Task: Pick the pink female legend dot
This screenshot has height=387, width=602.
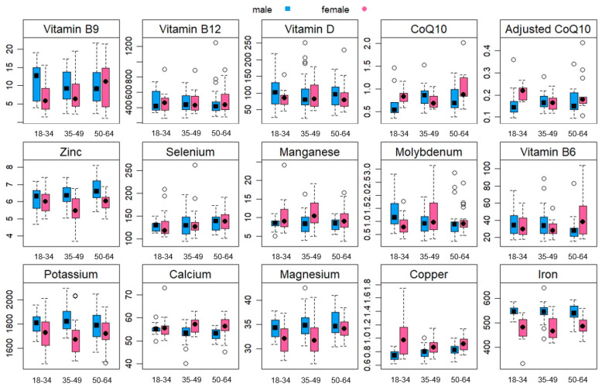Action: pyautogui.click(x=364, y=9)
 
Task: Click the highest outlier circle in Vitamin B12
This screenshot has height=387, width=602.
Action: pyautogui.click(x=193, y=43)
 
